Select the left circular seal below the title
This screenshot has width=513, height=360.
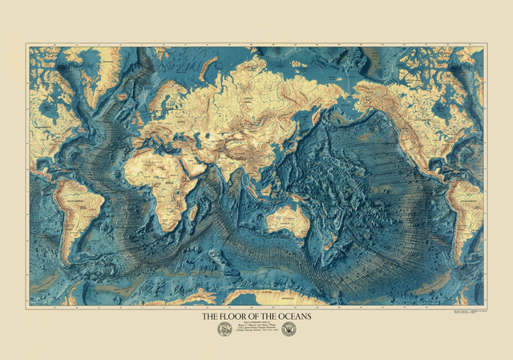point(222,330)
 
